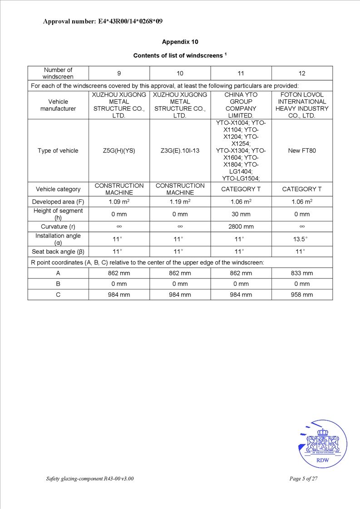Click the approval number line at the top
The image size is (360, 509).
103,21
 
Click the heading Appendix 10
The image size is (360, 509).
180,42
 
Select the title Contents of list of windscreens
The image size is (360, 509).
180,55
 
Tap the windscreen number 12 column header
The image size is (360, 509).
302,73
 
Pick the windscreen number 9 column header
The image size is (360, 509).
119,73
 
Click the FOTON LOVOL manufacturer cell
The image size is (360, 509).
302,105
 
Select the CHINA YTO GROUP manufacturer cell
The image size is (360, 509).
241,105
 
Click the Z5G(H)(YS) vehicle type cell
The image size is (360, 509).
119,151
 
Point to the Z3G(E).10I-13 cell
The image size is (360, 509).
180,151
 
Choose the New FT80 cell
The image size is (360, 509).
302,151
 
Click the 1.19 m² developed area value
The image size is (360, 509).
180,201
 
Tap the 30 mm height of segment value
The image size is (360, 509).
241,214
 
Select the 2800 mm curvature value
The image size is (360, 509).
241,226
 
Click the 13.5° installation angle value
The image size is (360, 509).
302,239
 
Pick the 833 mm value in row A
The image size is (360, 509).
302,273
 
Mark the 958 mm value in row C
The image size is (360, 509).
302,294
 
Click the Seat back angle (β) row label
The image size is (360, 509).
58,251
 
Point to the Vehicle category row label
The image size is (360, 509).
58,189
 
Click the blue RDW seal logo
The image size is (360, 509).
323,444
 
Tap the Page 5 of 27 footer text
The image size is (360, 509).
303,479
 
